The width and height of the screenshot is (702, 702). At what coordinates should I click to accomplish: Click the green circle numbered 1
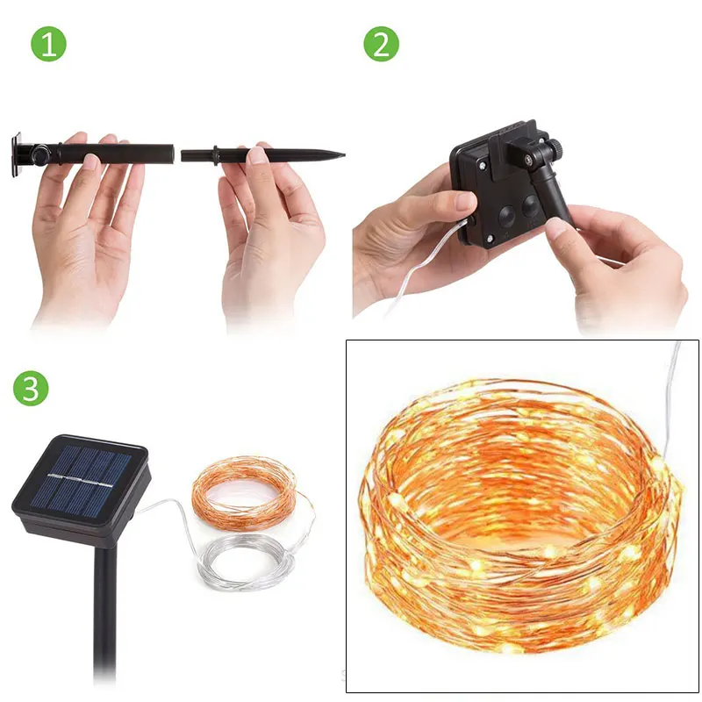pos(48,43)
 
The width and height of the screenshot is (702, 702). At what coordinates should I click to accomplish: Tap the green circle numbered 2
pos(381,43)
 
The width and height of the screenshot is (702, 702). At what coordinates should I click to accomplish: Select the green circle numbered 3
pos(31,388)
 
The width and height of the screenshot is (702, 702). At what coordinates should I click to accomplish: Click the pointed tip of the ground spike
pos(344,155)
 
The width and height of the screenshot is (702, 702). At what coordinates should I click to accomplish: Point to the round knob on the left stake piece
pos(40,153)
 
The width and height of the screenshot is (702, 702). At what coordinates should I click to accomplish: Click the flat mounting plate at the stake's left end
pos(17,154)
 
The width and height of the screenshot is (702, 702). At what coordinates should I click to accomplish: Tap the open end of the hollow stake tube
pos(172,154)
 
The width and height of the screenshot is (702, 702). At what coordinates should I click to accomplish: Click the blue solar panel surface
pos(81,479)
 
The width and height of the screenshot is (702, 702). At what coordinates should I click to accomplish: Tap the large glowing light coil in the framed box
pos(519,515)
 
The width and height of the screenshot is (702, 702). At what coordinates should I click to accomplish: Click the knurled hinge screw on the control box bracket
pos(555,147)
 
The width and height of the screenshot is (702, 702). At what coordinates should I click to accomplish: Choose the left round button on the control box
pos(507,216)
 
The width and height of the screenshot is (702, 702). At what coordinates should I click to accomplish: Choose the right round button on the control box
pos(531,205)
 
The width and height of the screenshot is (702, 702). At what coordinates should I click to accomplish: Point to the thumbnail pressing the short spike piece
pos(257,155)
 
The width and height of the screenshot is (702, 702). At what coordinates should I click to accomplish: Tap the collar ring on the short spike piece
pos(215,155)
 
